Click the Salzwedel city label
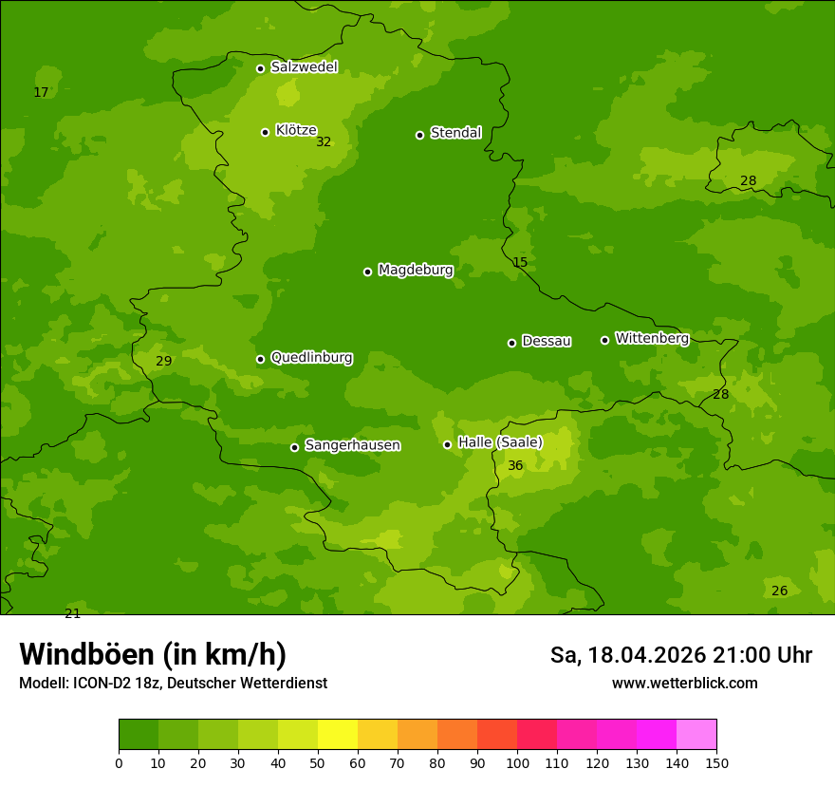[x=304, y=67]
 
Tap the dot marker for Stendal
[x=419, y=135]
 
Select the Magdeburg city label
[x=416, y=271]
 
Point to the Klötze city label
[x=296, y=130]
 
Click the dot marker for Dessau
[x=511, y=343]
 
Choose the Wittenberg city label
[x=652, y=338]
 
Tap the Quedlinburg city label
[x=311, y=358]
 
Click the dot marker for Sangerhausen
[x=294, y=447]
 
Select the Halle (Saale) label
[x=500, y=442]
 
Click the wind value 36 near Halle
[x=515, y=465]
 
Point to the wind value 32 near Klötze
[x=324, y=142]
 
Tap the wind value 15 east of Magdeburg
[x=520, y=262]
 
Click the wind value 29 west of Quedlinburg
[x=164, y=362]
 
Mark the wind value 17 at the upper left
[x=41, y=93]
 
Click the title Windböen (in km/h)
[x=153, y=654]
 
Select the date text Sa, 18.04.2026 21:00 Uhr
[x=680, y=655]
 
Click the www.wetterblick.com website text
[x=684, y=684]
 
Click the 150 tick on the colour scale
[x=716, y=762]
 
